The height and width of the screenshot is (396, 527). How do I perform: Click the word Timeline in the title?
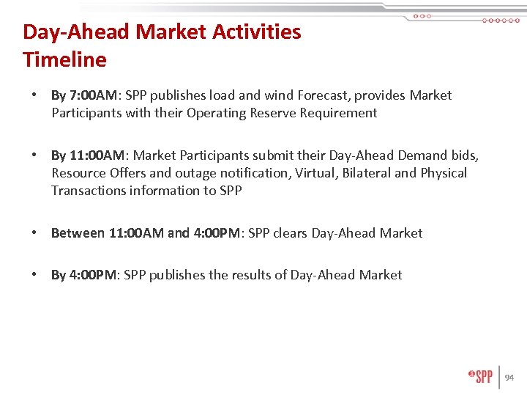(64, 59)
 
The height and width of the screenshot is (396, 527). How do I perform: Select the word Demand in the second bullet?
(422, 155)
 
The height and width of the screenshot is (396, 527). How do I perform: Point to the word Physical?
(444, 173)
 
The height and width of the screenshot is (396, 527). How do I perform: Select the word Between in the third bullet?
(78, 233)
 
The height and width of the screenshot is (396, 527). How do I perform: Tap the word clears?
(291, 233)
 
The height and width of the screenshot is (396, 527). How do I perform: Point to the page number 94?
(509, 378)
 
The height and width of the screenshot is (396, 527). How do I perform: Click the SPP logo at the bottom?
(481, 376)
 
